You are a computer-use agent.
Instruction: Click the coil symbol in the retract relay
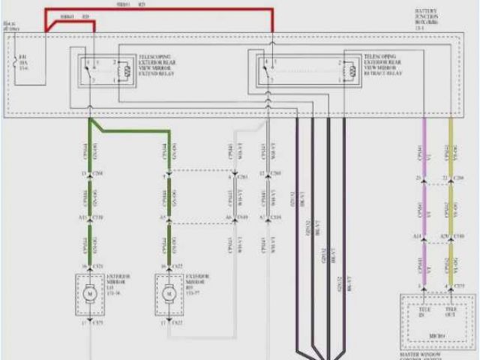350,72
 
